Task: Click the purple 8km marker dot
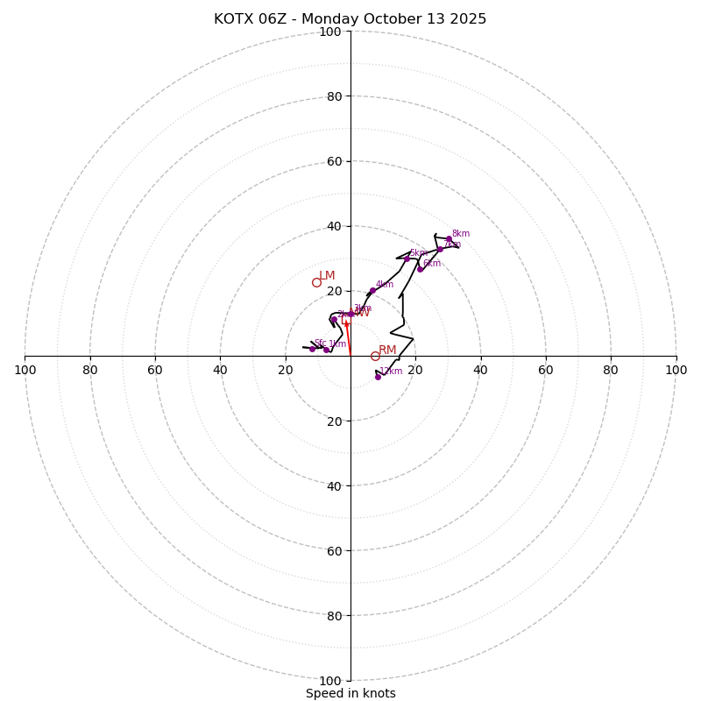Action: (x=449, y=238)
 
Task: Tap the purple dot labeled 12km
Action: (x=378, y=377)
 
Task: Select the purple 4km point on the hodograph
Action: (x=372, y=290)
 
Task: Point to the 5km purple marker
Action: (x=407, y=258)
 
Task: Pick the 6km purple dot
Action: (x=420, y=269)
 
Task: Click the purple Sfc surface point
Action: (x=312, y=349)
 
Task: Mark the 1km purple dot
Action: (x=326, y=350)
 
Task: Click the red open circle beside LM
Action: (x=316, y=282)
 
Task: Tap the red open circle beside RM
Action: (x=375, y=356)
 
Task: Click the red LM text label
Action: (x=327, y=276)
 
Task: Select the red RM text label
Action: (x=387, y=350)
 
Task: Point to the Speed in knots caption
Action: (x=350, y=694)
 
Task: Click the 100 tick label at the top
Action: (x=330, y=32)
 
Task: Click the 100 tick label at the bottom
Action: (x=330, y=681)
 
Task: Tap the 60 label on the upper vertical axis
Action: (x=334, y=162)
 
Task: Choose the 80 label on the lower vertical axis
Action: (x=334, y=616)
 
